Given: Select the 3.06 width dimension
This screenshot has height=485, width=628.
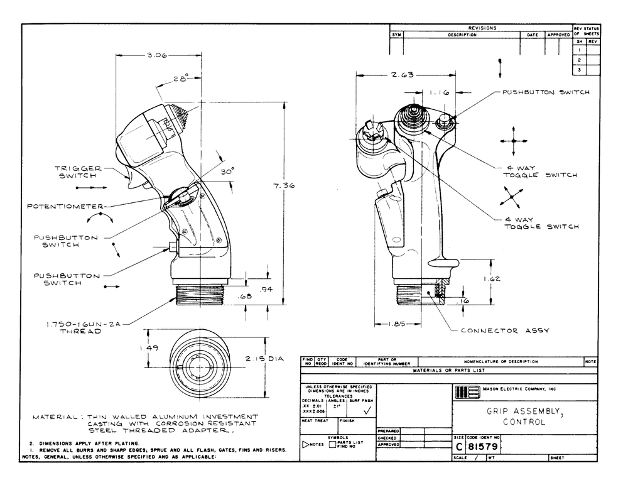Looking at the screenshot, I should click(x=156, y=56).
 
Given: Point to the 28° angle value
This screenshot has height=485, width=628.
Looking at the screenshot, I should click(x=181, y=79).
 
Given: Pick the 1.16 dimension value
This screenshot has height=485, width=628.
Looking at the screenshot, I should click(x=440, y=92).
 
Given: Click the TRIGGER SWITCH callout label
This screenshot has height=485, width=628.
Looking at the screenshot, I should click(x=79, y=173).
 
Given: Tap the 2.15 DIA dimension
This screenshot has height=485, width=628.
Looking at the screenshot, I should click(x=264, y=359).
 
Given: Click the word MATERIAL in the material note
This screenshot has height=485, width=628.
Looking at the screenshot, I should click(x=55, y=417).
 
